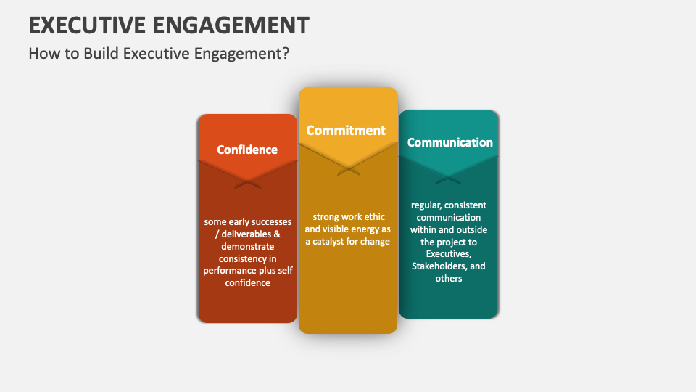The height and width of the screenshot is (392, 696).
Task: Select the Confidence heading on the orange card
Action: (x=247, y=150)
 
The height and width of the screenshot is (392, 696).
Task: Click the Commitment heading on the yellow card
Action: (x=346, y=131)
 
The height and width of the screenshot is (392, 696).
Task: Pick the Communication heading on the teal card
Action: (x=449, y=142)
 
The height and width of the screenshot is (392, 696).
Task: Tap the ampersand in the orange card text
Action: (x=276, y=234)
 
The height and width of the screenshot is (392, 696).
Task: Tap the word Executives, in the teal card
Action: (x=448, y=254)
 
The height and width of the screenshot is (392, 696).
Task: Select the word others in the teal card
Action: (x=448, y=279)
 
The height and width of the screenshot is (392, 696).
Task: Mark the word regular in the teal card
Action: (x=425, y=205)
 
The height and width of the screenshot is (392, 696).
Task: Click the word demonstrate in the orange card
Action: (x=246, y=246)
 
